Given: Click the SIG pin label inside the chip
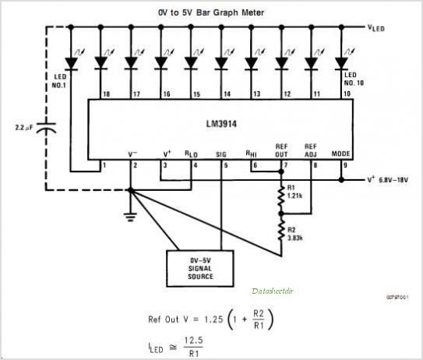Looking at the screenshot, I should [x=222, y=154].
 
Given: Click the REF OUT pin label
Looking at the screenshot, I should [x=281, y=150].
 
